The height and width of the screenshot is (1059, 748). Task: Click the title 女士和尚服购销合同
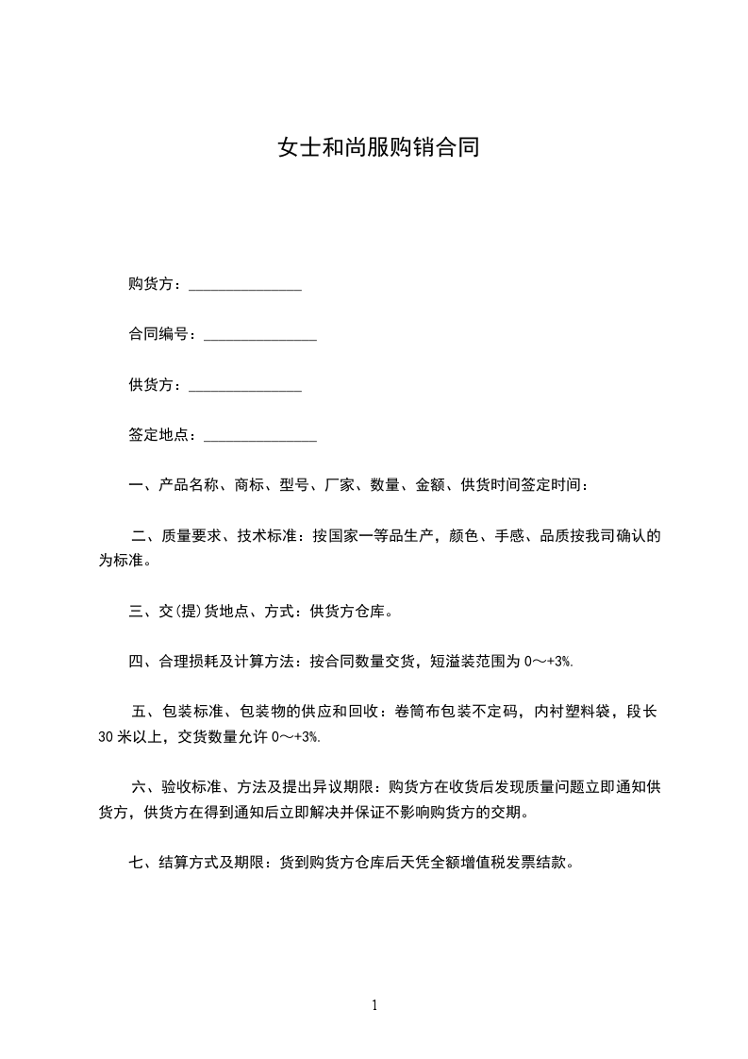point(377,148)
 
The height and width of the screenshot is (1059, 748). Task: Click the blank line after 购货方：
point(245,287)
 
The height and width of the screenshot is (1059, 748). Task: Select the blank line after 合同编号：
point(260,337)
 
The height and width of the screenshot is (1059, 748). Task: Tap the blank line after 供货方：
point(245,387)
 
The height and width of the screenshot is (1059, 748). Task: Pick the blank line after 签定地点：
point(260,437)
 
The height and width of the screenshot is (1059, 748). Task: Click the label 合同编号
point(158,335)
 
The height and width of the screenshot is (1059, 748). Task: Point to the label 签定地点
point(158,435)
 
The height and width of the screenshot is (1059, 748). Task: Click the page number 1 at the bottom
point(374,1005)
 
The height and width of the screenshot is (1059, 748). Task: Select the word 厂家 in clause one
point(340,486)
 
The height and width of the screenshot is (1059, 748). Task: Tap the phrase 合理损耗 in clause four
point(190,662)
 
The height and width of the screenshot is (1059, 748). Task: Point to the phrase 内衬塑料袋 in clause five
point(572,712)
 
